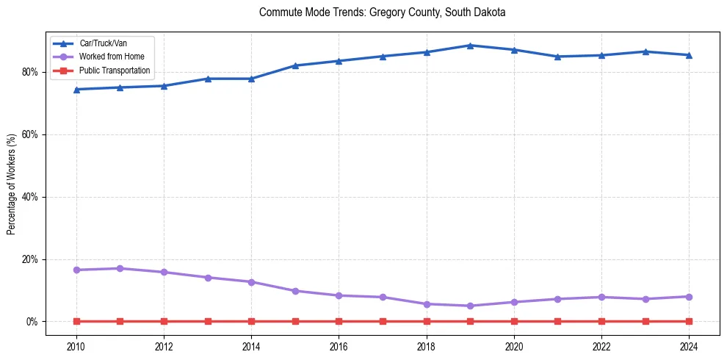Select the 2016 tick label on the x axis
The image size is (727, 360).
tap(339, 346)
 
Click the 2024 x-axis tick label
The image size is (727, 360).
tap(689, 346)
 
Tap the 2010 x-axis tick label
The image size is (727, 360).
tap(76, 346)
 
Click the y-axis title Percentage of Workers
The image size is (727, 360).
tap(12, 184)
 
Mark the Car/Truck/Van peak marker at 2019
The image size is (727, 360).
tap(470, 46)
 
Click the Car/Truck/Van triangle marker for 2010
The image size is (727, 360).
tap(76, 90)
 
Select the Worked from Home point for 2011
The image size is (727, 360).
tap(120, 268)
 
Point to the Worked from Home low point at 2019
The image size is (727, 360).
tap(470, 306)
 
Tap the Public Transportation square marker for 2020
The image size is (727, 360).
tap(514, 321)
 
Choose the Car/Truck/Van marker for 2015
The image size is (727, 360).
tap(295, 65)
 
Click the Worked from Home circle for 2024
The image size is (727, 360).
tap(689, 297)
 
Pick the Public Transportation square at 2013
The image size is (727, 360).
tap(208, 321)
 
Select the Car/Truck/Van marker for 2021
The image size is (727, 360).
tap(557, 57)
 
